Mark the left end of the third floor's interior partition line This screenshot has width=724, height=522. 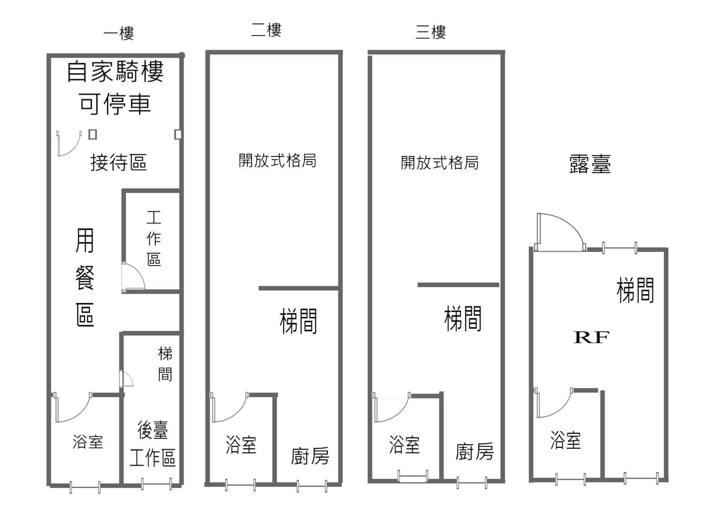pos(418,285)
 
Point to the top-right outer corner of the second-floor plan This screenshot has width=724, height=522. pos(342,51)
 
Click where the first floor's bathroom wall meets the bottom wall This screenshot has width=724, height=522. pos(122,485)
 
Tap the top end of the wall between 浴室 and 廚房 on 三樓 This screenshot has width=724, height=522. pos(442,393)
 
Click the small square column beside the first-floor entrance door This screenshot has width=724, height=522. pos(93,134)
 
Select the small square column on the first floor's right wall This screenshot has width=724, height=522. pos(178,134)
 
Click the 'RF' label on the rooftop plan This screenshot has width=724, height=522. pos(591,337)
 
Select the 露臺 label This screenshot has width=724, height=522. pos(590,164)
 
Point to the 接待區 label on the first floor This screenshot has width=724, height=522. pos(119,162)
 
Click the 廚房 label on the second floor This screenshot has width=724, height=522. pos(310,456)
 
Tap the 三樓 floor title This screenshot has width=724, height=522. pos(430,33)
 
